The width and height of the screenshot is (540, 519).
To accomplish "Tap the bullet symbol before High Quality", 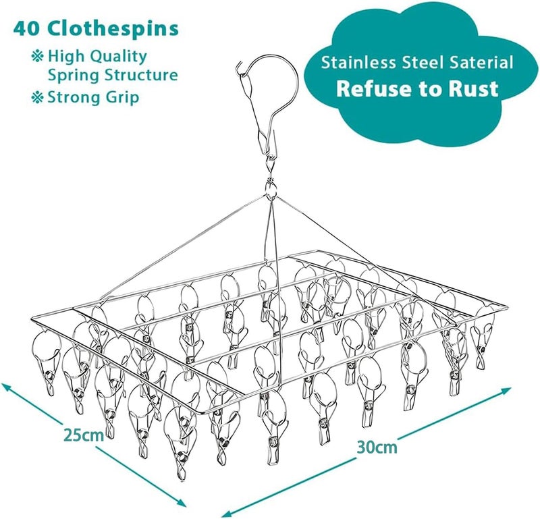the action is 38,56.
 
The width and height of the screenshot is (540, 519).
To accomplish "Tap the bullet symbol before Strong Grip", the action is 38,97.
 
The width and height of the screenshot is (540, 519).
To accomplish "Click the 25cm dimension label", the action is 84,435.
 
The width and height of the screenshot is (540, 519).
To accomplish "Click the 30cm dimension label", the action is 377,447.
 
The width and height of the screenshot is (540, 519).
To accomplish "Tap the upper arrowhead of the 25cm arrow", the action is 7,387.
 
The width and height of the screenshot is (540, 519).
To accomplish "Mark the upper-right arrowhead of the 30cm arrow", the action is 506,391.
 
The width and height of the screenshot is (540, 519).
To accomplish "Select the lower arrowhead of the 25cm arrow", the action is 180,501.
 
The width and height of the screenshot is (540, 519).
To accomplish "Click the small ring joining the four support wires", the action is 271,189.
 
